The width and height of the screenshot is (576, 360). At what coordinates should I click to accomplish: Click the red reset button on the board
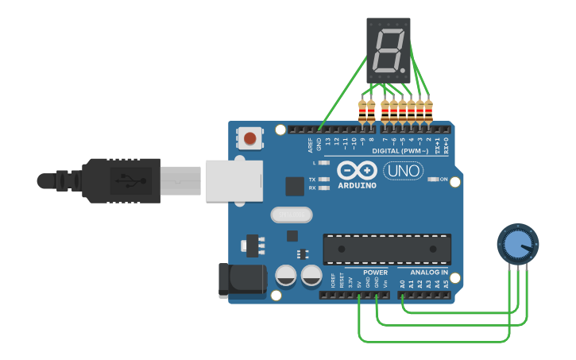coord(250,139)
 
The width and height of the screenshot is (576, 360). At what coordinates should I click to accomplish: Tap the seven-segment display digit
coord(388,50)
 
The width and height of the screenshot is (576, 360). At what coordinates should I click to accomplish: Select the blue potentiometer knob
coord(517,244)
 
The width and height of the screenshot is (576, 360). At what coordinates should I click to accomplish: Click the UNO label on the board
coord(403,171)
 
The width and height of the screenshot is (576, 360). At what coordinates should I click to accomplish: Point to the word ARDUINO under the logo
coord(357,185)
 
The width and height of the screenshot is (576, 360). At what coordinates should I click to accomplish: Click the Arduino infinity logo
coord(357,170)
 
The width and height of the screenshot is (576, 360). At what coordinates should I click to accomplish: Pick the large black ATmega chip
coord(387,249)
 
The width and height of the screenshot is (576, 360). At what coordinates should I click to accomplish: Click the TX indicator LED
coord(323,180)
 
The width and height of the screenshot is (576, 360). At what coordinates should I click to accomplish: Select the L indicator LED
coord(323,162)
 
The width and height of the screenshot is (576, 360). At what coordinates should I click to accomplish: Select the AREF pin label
coord(311,144)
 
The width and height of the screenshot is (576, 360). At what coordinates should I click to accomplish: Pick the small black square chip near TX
coord(295,186)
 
